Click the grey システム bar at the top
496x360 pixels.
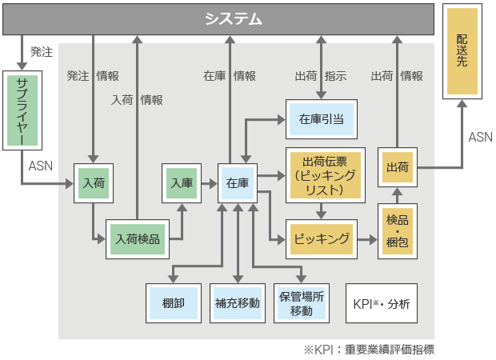coord(232,18)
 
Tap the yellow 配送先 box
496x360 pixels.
coord(462,50)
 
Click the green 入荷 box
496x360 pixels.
coord(93,183)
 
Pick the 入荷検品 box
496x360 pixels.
coord(138,238)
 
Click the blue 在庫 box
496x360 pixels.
coord(238,183)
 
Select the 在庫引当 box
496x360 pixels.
coord(321,119)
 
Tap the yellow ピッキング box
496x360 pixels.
coord(321,238)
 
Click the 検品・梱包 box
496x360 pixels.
coord(397,230)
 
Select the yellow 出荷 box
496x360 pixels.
coord(397,169)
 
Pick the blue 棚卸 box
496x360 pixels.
coord(171,303)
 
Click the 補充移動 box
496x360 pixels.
coord(237,303)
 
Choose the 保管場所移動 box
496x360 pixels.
coord(302,303)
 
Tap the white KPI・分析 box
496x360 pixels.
coord(381,303)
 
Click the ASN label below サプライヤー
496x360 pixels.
coord(40,166)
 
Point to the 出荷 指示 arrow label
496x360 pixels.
coord(320,76)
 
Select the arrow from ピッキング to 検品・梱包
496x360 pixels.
coord(366,238)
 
